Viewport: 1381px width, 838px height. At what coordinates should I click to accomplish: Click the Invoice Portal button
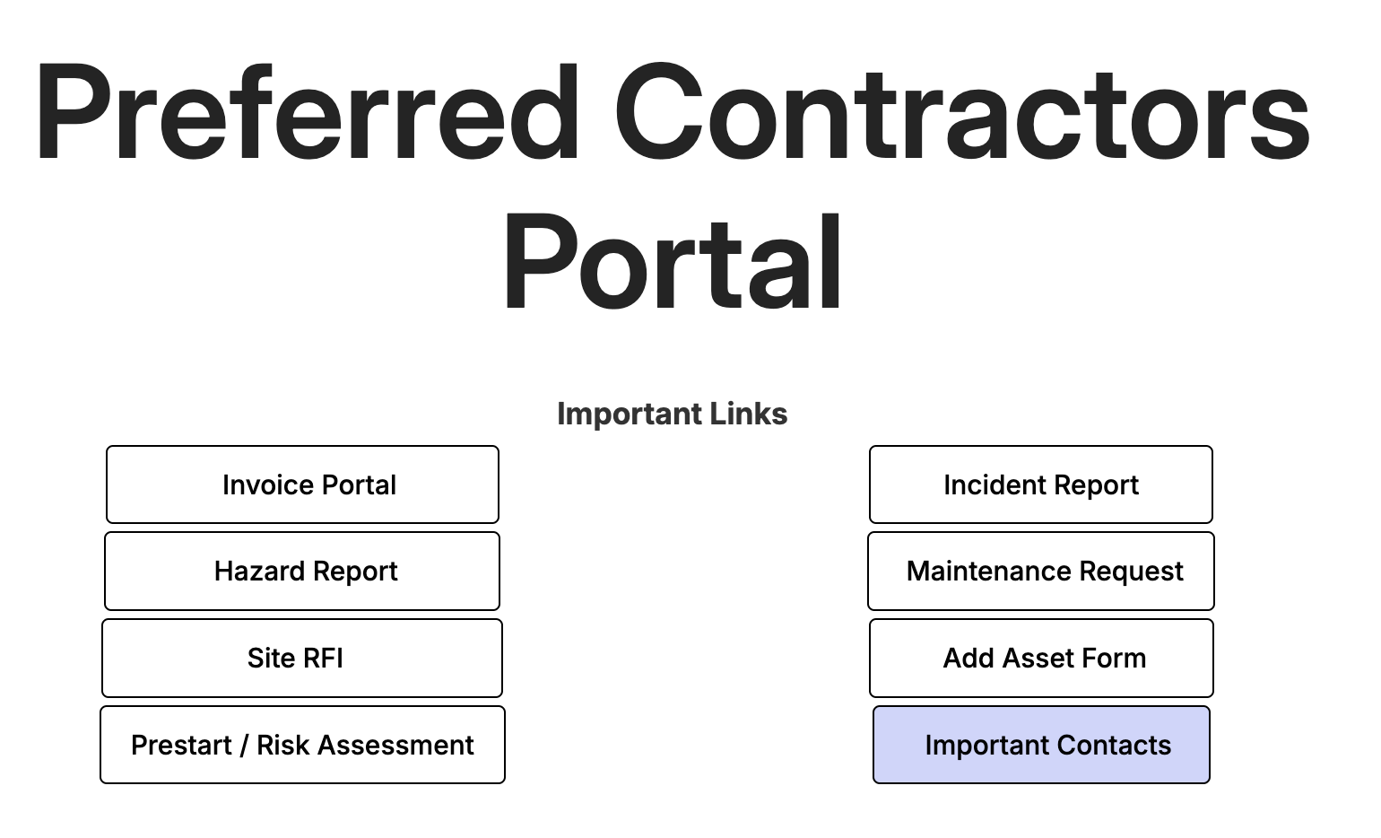pos(302,484)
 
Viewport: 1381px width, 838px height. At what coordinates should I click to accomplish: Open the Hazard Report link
pos(302,571)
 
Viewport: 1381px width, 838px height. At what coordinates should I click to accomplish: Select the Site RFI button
pos(302,658)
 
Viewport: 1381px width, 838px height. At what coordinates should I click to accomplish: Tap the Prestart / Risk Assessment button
pos(302,745)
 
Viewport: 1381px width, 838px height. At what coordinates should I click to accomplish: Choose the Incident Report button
pos(1040,484)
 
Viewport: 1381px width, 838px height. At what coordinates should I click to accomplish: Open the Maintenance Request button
pos(1040,571)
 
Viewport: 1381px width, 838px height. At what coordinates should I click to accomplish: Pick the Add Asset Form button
pos(1041,658)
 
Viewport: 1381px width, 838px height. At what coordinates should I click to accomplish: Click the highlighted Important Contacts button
pos(1041,745)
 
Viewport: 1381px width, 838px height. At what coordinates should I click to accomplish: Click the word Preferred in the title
pos(308,112)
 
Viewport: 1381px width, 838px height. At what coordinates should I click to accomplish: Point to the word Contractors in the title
pos(962,111)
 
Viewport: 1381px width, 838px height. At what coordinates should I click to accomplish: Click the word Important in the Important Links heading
pos(629,415)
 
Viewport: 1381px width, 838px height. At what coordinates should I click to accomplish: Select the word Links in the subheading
pos(749,413)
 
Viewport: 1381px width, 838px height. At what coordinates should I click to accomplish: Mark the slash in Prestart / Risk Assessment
pos(244,745)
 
